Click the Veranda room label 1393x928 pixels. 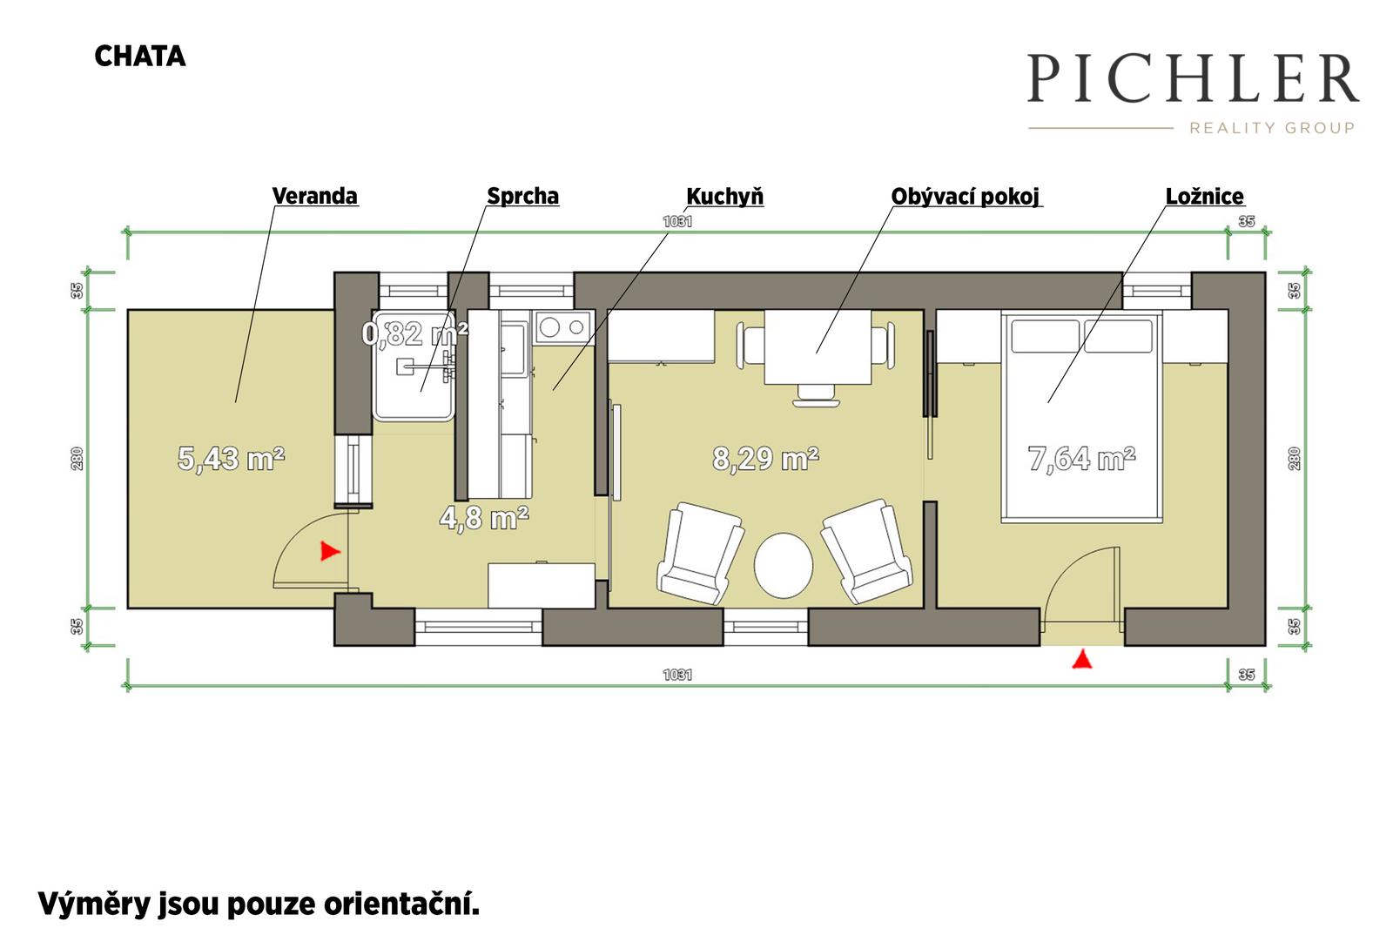314,196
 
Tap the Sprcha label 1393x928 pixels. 522,196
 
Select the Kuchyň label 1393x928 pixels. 724,197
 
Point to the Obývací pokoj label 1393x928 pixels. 966,197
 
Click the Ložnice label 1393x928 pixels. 1205,197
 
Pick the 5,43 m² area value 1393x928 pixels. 231,459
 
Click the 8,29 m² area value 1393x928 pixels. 765,459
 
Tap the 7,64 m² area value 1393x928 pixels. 1081,459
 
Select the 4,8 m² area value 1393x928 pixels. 484,517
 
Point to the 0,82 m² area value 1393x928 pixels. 414,334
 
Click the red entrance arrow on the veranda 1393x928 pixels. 330,551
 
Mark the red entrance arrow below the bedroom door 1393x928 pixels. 1082,659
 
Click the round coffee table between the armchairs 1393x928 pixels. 783,565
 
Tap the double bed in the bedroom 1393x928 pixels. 1081,417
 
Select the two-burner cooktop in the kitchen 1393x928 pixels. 563,327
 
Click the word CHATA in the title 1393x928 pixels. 140,57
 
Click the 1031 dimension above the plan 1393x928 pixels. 677,221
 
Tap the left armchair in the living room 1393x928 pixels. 700,553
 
